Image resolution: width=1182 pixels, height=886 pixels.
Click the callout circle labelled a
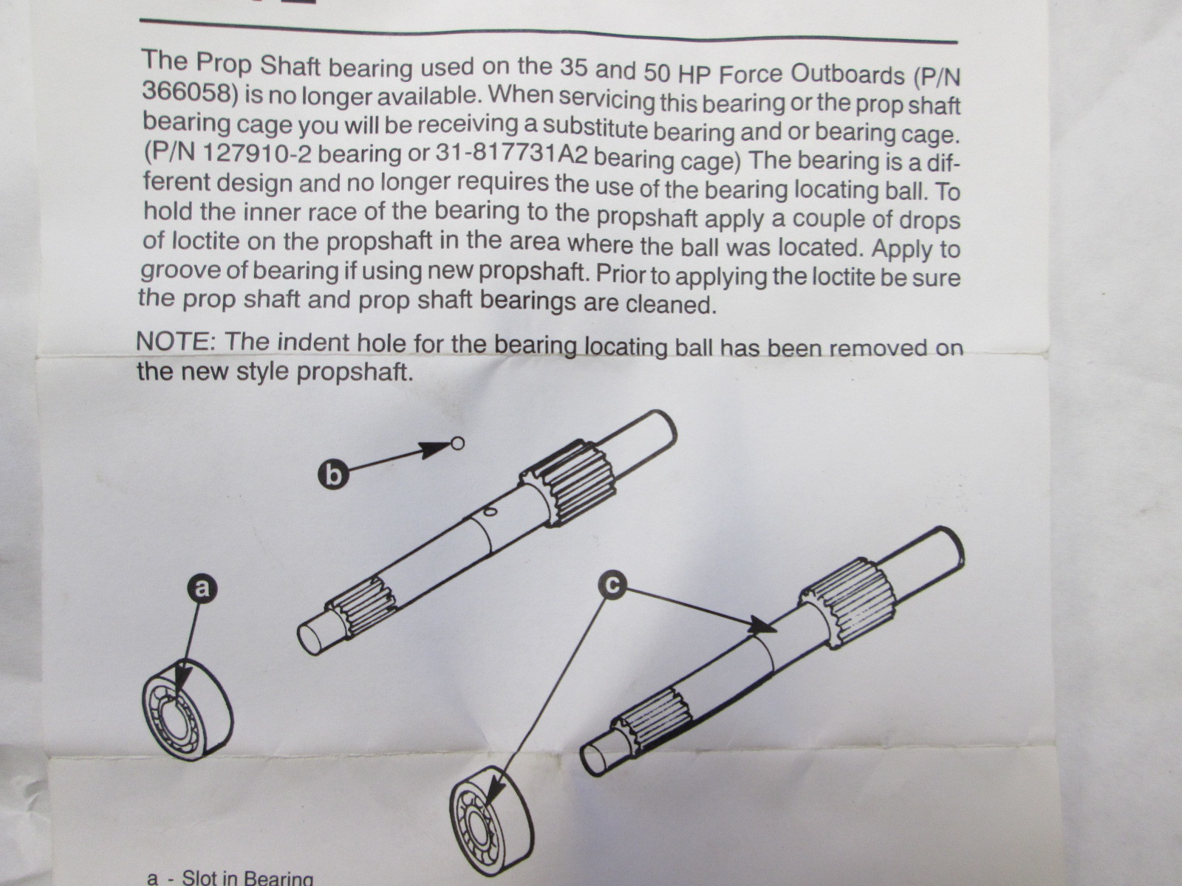point(201,588)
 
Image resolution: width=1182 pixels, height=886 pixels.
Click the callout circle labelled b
point(334,474)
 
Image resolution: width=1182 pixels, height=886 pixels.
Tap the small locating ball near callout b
point(457,443)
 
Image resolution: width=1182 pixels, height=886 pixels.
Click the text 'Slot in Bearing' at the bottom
point(247,878)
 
